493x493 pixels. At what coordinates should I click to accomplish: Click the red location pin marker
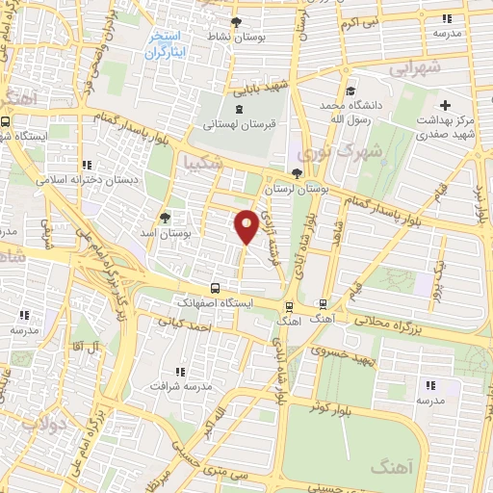click(x=246, y=225)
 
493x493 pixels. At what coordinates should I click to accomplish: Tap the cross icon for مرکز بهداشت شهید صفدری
click(x=444, y=105)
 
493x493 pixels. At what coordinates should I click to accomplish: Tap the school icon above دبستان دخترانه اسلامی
click(x=89, y=165)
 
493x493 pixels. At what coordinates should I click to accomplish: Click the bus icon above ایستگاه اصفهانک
click(x=215, y=288)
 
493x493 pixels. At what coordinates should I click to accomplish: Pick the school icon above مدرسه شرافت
click(x=180, y=372)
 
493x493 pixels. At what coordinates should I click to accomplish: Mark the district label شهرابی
click(x=416, y=68)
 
